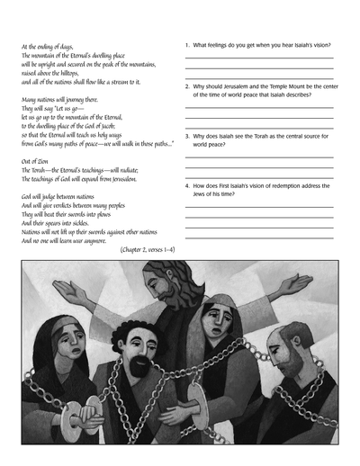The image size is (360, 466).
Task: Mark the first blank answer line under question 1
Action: point(258,58)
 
